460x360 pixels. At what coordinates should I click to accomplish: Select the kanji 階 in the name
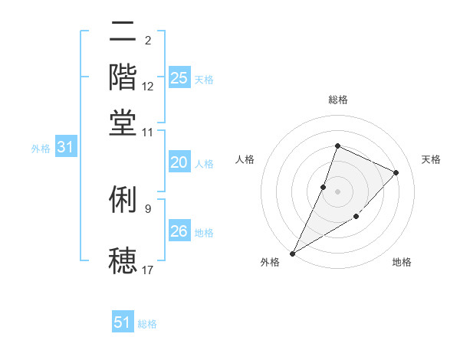[123, 77]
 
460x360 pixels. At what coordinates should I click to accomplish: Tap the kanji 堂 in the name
[123, 123]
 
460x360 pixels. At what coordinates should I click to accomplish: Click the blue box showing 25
[179, 78]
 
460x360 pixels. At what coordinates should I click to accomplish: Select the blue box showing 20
[179, 162]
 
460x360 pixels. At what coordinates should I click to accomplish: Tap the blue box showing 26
[179, 231]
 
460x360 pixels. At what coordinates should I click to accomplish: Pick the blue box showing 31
[65, 148]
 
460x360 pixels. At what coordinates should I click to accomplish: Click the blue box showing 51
[123, 322]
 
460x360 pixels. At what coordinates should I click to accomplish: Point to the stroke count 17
[148, 270]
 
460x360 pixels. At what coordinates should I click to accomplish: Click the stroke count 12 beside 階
[148, 87]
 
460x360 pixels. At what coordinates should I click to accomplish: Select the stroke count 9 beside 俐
[148, 208]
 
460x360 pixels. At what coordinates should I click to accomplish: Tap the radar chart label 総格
[337, 100]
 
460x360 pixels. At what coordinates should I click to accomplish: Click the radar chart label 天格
[432, 159]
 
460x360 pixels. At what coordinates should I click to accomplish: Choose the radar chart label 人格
[245, 159]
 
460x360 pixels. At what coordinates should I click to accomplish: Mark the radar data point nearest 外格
[293, 253]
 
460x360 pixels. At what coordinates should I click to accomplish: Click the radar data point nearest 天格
[396, 172]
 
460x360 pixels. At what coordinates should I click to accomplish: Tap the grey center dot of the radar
[337, 191]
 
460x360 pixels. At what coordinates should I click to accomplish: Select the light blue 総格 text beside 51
[147, 324]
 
